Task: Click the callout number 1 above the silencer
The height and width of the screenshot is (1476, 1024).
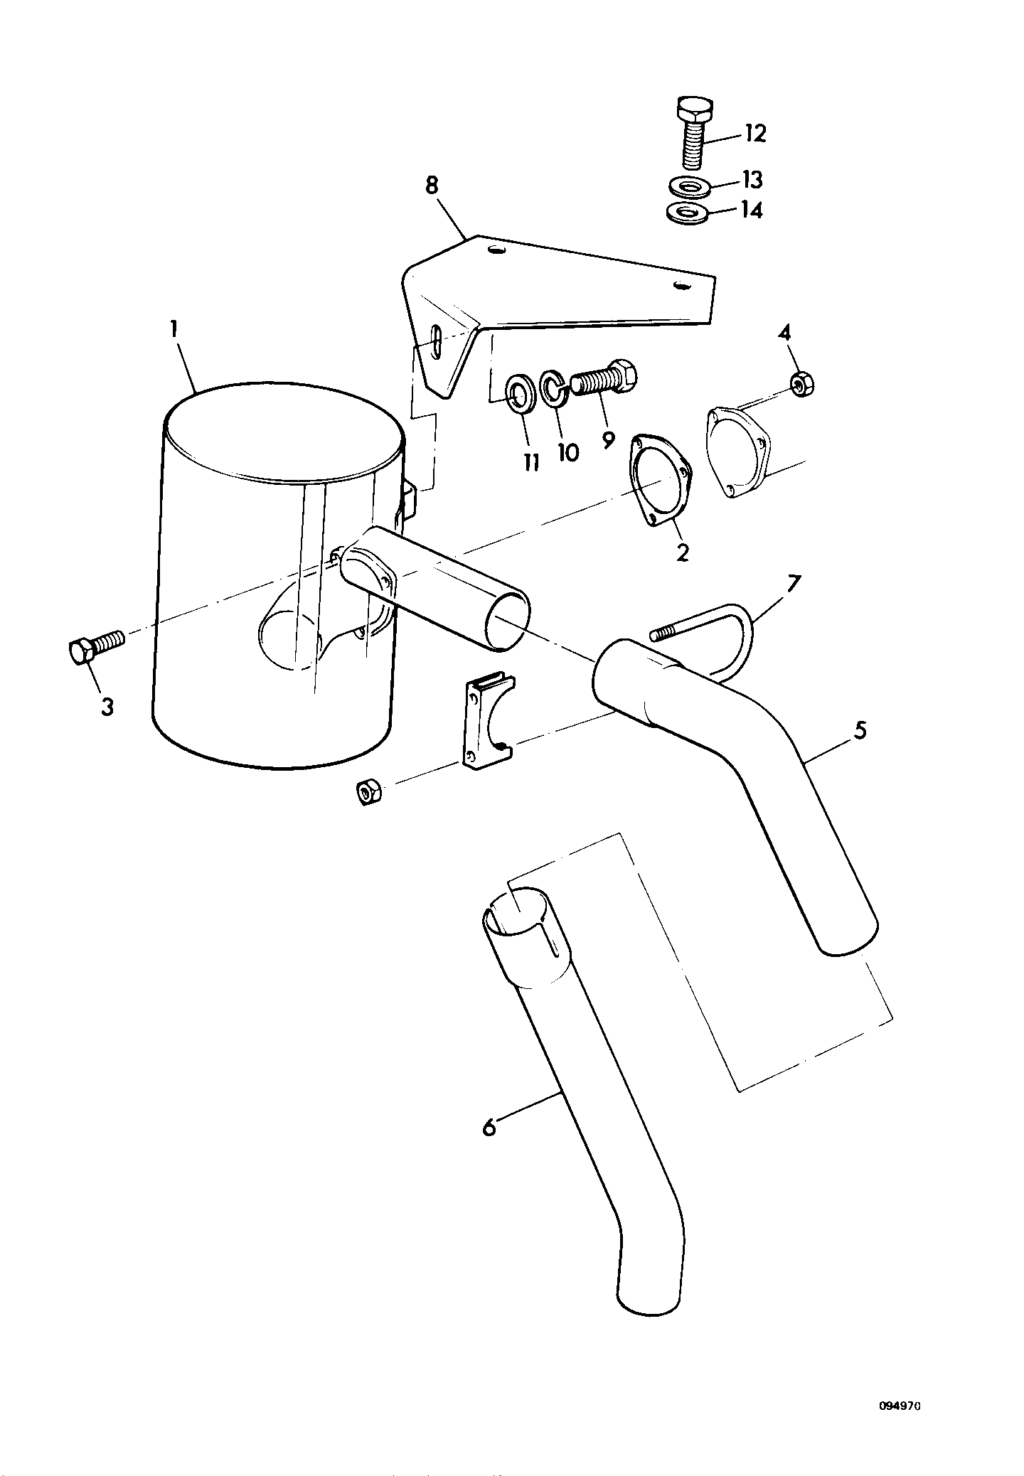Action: coord(174,330)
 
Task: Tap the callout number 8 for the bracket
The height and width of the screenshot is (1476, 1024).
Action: coord(432,186)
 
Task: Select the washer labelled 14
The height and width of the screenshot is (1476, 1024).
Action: coord(688,213)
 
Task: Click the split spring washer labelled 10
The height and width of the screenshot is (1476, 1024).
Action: coord(553,388)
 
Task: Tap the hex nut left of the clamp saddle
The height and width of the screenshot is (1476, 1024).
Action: coord(368,792)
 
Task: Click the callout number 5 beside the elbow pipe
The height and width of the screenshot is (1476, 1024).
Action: coord(860,731)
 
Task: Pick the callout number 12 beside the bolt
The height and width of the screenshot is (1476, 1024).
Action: coord(754,133)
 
